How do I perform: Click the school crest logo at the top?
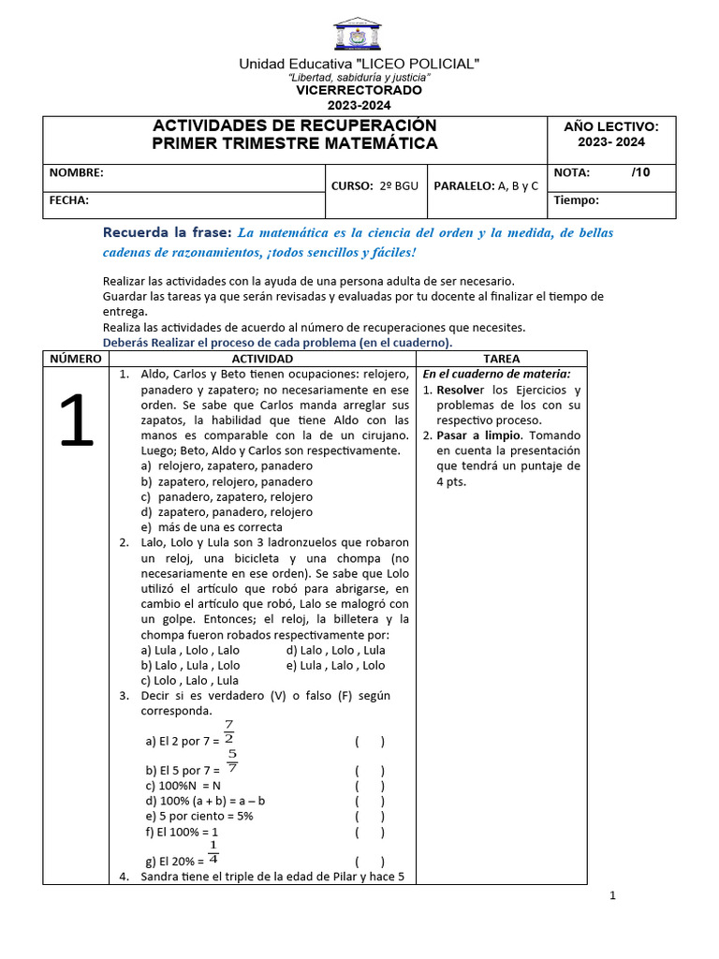(358, 34)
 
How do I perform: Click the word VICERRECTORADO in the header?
(359, 91)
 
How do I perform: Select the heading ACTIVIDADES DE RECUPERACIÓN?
(295, 125)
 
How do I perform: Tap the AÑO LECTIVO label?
(610, 126)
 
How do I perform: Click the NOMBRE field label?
(77, 173)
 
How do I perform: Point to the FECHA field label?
(69, 200)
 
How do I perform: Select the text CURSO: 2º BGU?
(374, 186)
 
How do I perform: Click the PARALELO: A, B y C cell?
(486, 186)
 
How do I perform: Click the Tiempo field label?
(577, 200)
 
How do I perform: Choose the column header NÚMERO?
(76, 359)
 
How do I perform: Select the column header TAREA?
(501, 359)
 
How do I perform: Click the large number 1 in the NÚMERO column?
(76, 421)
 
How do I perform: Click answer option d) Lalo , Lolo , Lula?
(335, 650)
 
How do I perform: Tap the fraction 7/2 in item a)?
(228, 731)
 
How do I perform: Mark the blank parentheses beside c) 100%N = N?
(369, 786)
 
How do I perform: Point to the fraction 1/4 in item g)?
(213, 852)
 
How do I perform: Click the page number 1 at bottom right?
(612, 896)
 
